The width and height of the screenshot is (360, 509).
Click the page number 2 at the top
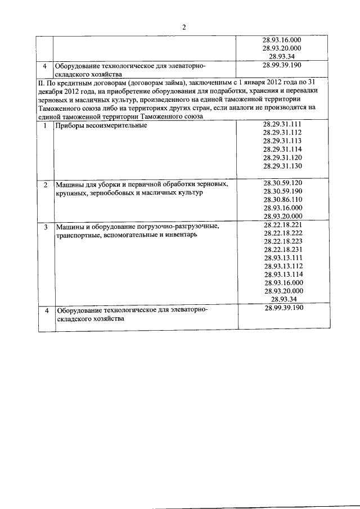pos(183,26)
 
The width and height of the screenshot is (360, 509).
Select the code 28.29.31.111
pos(282,124)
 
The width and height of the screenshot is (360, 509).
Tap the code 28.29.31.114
pos(282,149)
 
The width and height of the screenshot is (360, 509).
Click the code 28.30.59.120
pos(282,183)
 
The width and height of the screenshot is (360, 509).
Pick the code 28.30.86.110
pos(282,199)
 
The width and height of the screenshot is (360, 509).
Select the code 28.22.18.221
pos(282,224)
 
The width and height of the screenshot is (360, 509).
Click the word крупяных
pos(70,193)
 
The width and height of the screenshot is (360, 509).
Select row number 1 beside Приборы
pos(44,125)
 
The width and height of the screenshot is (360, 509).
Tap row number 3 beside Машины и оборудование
pos(45,226)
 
